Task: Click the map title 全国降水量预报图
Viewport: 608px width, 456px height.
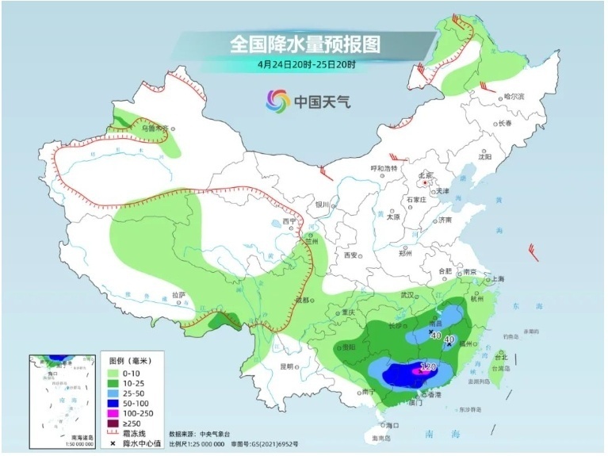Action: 304,44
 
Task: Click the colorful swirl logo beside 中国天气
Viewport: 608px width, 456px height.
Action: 277,101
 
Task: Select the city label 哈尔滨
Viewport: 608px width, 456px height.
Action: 515,96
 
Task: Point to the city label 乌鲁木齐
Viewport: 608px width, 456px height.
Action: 155,127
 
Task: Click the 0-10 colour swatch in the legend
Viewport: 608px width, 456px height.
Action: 117,372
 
